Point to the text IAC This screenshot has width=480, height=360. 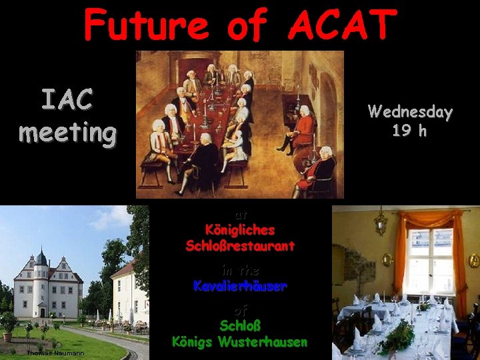click(x=67, y=100)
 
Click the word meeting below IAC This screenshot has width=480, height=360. click(x=67, y=131)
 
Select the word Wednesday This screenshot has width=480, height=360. click(x=410, y=112)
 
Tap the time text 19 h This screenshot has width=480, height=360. click(x=410, y=131)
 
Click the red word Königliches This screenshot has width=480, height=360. click(x=240, y=230)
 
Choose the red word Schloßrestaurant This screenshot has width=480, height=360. click(x=240, y=246)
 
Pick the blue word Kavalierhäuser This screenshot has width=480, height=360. click(x=240, y=287)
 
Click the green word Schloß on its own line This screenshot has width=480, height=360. click(x=240, y=327)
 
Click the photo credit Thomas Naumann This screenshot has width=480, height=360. click(x=55, y=353)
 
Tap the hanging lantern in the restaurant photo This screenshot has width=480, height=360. click(x=381, y=221)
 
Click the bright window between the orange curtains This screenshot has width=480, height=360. click(x=429, y=259)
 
